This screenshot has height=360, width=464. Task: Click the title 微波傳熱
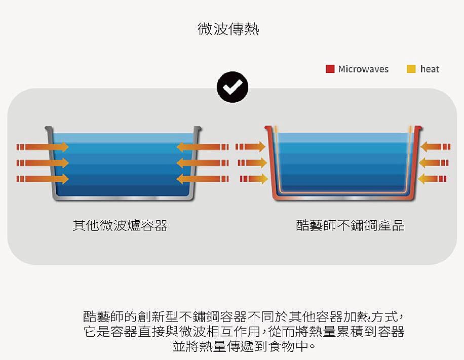pos(228,29)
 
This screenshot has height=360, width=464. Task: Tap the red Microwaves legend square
pos(330,69)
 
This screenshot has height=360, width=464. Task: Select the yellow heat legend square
pos(411,69)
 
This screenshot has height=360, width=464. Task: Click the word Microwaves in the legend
pos(363,69)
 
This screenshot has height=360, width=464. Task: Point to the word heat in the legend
pos(430,69)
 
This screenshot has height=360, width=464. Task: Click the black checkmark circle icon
pos(233,88)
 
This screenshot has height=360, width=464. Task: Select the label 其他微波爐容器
pos(120,225)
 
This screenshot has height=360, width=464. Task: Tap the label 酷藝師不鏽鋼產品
pos(351,225)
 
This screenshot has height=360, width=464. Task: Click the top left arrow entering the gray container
pos(43,147)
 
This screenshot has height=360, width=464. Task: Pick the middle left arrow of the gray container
pos(43,163)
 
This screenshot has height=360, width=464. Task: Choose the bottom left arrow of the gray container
pos(43,179)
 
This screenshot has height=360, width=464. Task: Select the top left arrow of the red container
pos(251,147)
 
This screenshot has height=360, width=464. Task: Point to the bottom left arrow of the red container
pos(253,179)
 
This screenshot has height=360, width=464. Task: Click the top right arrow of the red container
pos(435,147)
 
